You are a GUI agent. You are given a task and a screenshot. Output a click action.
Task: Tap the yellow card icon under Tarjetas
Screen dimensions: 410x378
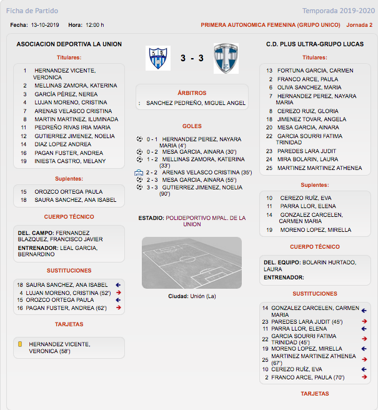pyautogui.click(x=20, y=344)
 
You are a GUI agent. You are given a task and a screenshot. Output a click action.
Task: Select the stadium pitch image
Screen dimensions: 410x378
pyautogui.click(x=192, y=262)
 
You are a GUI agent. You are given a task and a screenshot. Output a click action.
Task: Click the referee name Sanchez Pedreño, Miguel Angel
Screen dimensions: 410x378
pyautogui.click(x=196, y=102)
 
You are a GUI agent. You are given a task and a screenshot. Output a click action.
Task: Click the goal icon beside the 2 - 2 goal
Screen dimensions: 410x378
pyautogui.click(x=139, y=172)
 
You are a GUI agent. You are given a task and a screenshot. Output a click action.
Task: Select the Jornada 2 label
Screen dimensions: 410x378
pyautogui.click(x=359, y=25)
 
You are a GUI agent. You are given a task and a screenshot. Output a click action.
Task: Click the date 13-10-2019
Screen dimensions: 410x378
pyautogui.click(x=45, y=25)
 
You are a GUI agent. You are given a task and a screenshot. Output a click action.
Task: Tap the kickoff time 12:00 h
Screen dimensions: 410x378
pyautogui.click(x=94, y=25)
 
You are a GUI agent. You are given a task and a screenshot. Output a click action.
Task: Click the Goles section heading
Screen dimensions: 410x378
pyautogui.click(x=192, y=126)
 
